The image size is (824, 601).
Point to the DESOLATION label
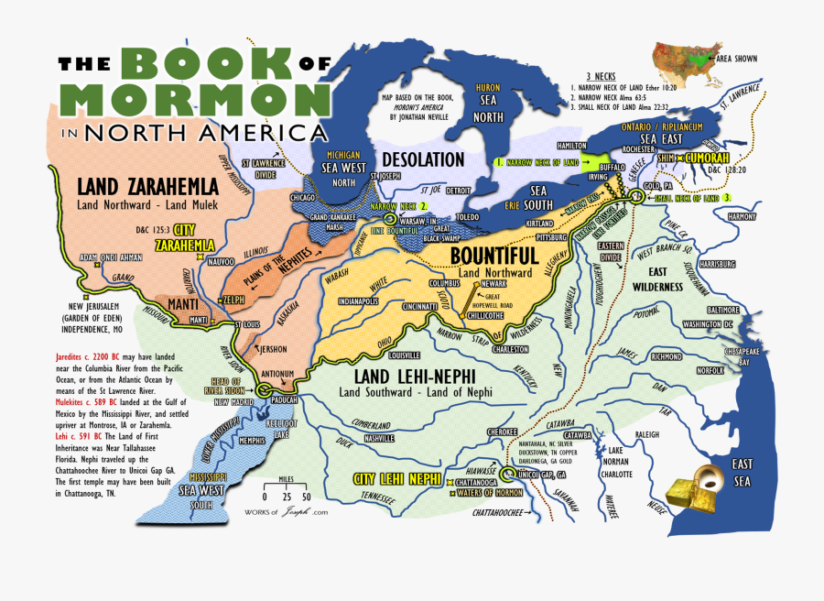[423, 159]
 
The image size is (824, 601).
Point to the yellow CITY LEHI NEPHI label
[396, 479]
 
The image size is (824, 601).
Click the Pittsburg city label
[547, 235]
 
